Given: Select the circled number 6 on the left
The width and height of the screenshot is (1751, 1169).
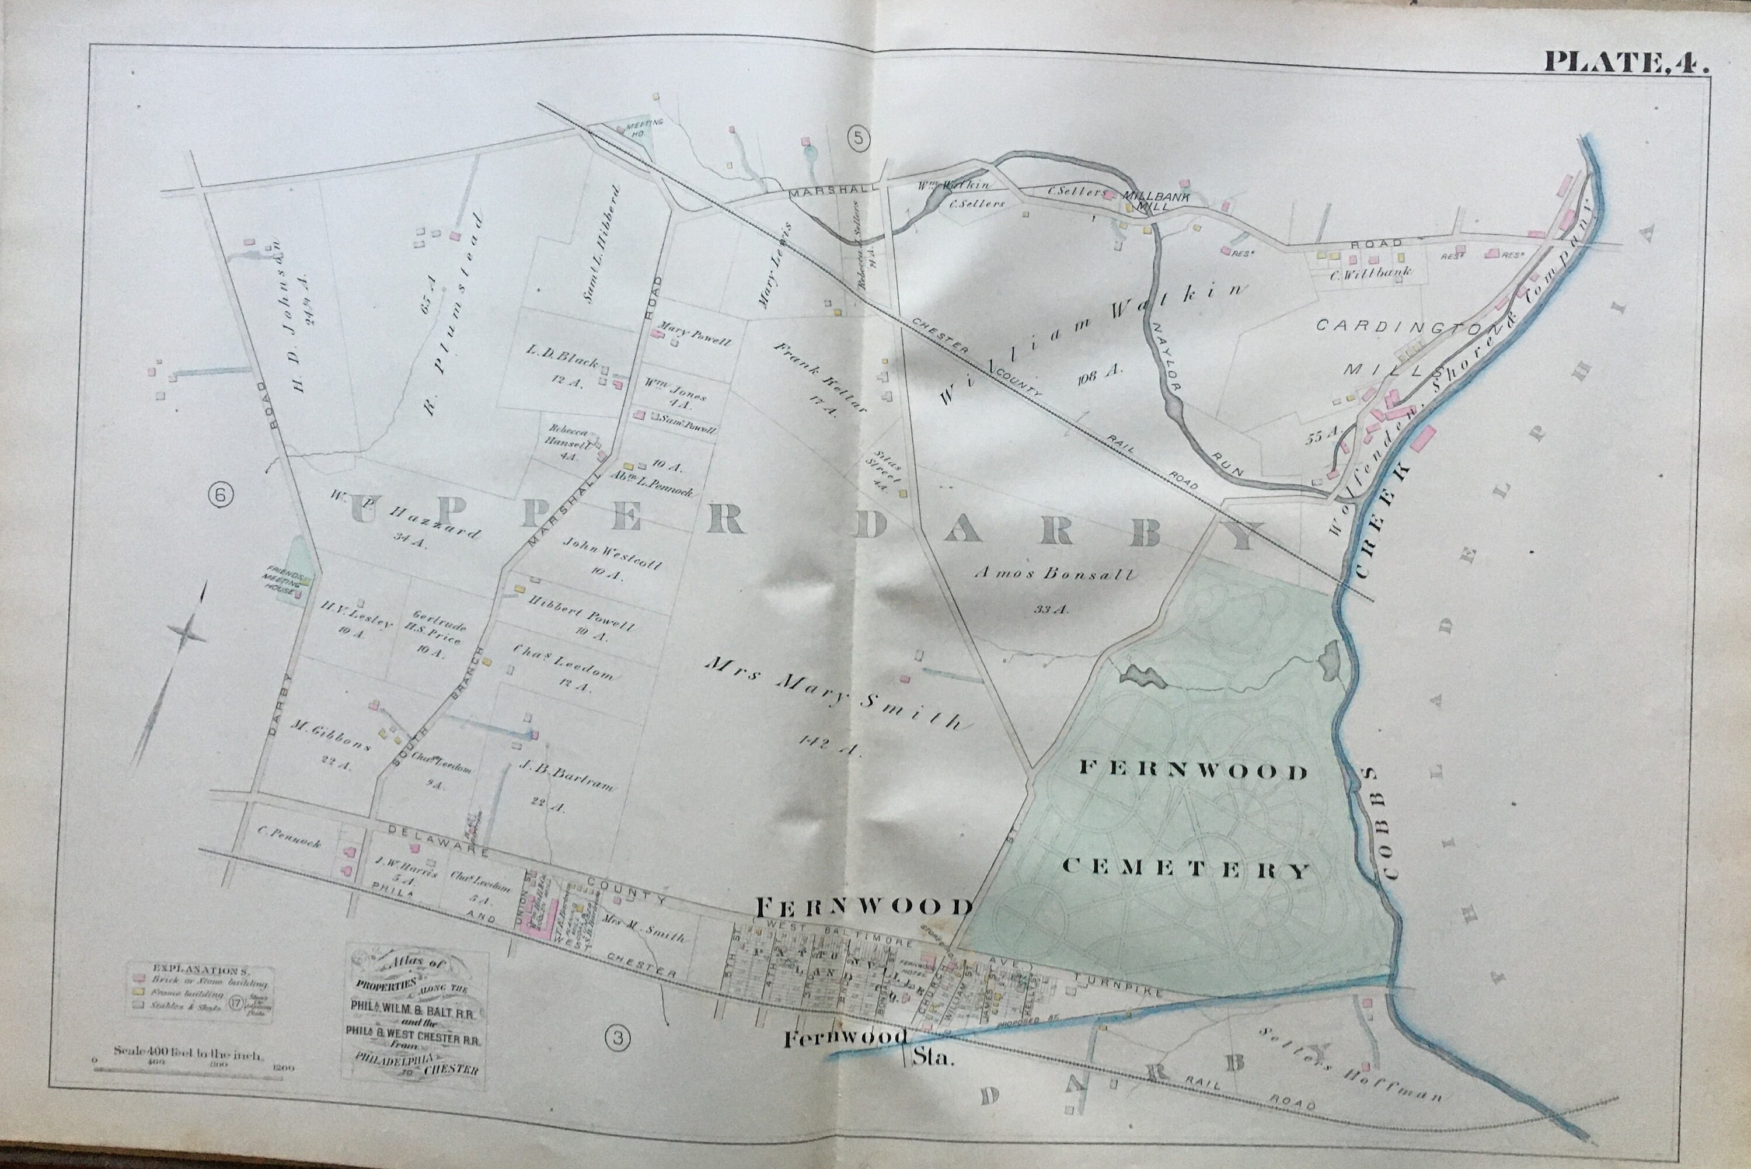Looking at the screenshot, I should (221, 493).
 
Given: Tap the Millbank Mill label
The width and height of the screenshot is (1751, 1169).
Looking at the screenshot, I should (1156, 203).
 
